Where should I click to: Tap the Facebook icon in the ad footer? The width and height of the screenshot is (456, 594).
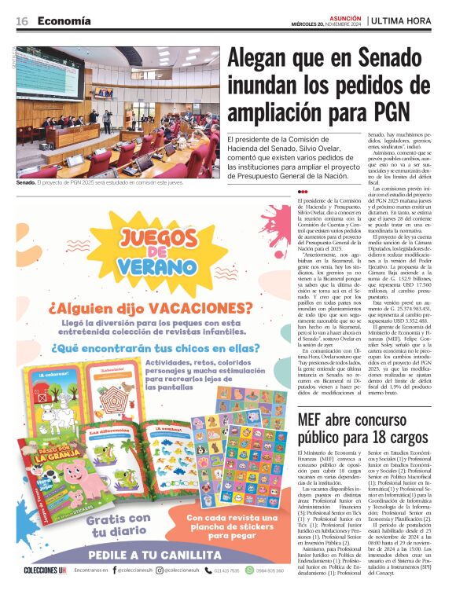pyautogui.click(x=110, y=581)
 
